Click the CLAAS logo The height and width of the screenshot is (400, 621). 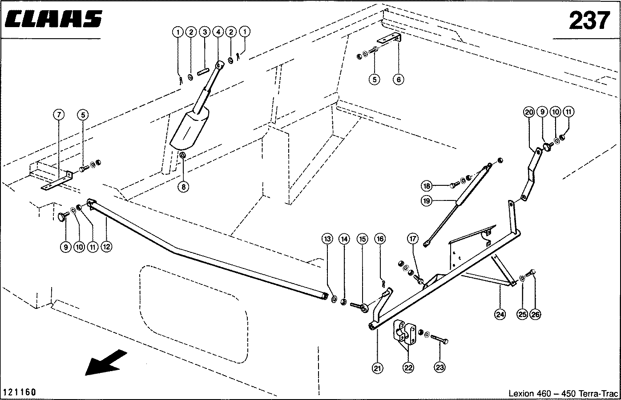tap(53, 19)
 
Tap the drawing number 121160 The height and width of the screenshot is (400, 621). tap(20, 392)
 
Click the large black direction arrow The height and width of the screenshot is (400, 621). tap(105, 362)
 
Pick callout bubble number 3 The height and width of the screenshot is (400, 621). tap(205, 32)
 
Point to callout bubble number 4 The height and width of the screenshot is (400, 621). tap(218, 32)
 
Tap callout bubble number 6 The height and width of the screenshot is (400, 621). tap(399, 80)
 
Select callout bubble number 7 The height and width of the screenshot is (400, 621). tap(59, 114)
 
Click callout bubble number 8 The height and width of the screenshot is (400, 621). tap(183, 187)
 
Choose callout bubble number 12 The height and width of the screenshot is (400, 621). tap(106, 247)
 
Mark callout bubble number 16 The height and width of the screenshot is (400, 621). tap(380, 239)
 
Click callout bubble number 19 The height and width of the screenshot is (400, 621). tap(427, 200)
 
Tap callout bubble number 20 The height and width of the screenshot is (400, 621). tap(529, 112)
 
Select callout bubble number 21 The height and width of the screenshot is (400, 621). tap(377, 368)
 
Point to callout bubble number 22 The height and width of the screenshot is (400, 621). tap(408, 368)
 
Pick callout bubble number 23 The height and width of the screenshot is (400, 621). tap(440, 367)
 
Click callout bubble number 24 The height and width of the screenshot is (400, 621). tap(500, 314)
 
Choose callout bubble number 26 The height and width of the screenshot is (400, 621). tap(535, 314)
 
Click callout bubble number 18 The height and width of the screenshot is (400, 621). tap(427, 186)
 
